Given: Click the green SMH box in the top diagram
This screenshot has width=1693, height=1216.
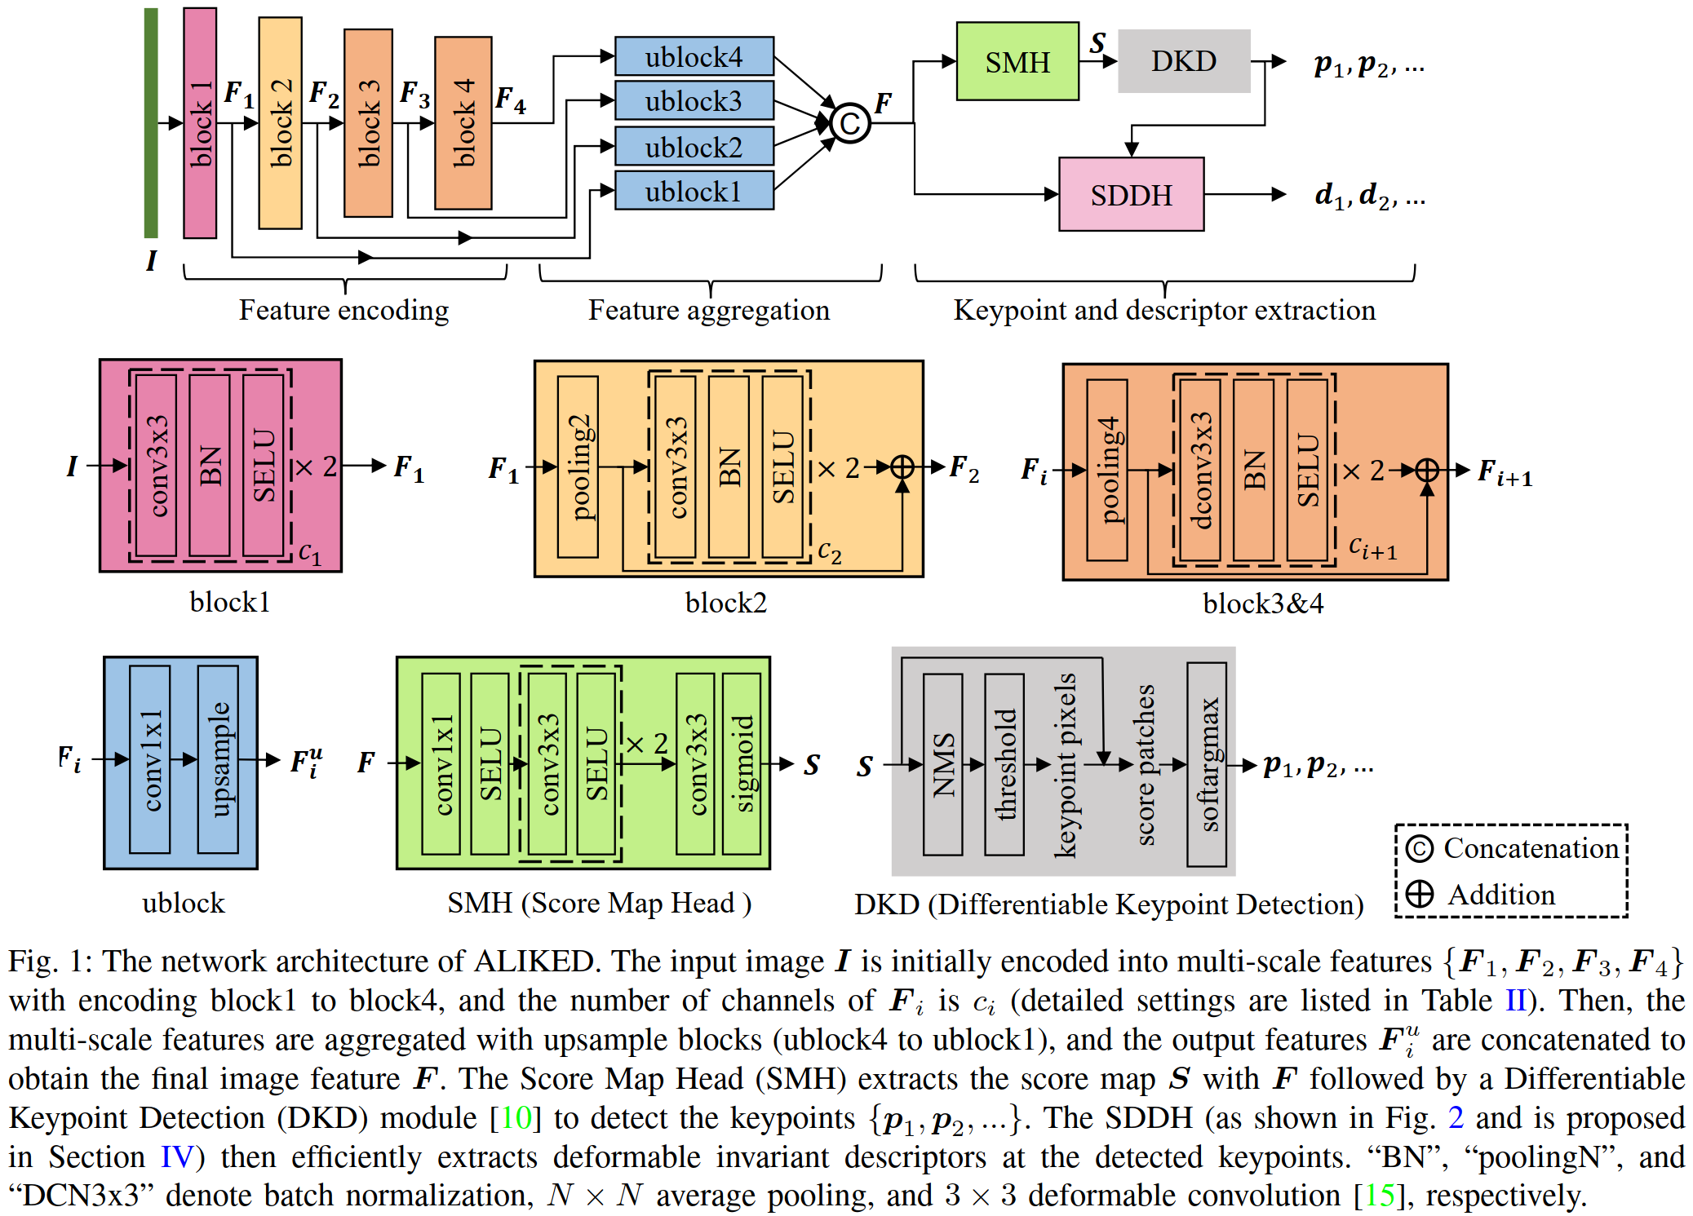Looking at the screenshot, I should point(1017,62).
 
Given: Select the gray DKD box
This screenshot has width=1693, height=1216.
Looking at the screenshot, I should point(1183,61).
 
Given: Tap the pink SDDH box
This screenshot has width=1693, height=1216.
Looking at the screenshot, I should point(1131,195).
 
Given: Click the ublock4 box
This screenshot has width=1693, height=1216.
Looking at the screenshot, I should point(694,57).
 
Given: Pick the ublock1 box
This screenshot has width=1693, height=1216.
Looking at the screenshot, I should point(694,191).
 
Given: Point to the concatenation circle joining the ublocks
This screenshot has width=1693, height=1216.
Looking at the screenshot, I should point(850,124).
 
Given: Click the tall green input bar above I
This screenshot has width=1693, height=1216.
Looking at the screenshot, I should point(151,122).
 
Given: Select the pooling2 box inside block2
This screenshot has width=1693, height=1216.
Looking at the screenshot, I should point(578,467).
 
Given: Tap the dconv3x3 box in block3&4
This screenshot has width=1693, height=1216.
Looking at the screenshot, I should point(1200,470).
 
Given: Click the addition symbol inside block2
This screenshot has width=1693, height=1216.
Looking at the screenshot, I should point(902,467).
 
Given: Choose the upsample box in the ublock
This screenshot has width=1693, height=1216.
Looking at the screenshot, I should point(219,759).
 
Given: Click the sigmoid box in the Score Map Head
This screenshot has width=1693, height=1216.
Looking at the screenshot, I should point(742,763).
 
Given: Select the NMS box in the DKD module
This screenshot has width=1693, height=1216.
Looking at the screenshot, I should point(943,764).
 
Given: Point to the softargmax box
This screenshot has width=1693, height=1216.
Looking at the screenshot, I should point(1208,764).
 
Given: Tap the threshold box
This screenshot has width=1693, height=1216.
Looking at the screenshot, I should point(1004,764).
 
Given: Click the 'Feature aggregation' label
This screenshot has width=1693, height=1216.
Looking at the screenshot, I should point(709,310).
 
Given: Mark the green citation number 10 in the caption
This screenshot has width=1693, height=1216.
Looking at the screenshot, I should point(516,1117).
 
